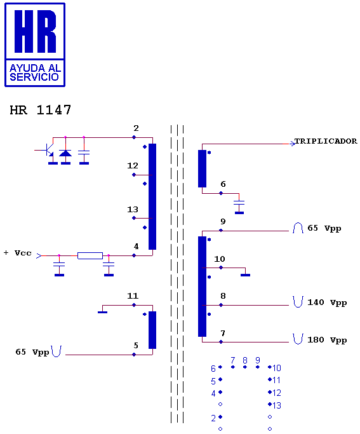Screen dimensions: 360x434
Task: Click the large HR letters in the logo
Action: pyautogui.click(x=35, y=31)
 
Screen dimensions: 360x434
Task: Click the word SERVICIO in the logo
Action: pyautogui.click(x=34, y=77)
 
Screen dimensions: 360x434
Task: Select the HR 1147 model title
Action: pyautogui.click(x=41, y=110)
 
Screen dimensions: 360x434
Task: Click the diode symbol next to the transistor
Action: pyautogui.click(x=65, y=153)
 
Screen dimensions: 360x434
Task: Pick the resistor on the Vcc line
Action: pyautogui.click(x=90, y=255)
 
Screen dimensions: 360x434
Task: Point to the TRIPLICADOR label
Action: pyautogui.click(x=326, y=141)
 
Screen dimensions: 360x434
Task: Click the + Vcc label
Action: pyautogui.click(x=18, y=253)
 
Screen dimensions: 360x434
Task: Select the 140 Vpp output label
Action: pyautogui.click(x=327, y=302)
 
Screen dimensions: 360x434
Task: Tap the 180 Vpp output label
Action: pyautogui.click(x=327, y=339)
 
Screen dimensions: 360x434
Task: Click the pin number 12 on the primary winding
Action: pyautogui.click(x=133, y=165)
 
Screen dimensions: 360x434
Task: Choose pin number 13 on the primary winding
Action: pyautogui.click(x=133, y=209)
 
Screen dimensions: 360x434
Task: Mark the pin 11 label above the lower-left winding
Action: pyautogui.click(x=133, y=296)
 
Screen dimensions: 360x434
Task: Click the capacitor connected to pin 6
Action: pyautogui.click(x=239, y=203)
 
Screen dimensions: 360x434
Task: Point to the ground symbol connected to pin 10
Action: pyautogui.click(x=246, y=275)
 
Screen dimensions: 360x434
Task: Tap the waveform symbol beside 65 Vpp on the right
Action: pyautogui.click(x=298, y=227)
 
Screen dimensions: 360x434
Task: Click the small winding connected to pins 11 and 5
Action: pyautogui.click(x=152, y=330)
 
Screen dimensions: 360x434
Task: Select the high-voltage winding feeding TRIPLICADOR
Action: pyautogui.click(x=202, y=168)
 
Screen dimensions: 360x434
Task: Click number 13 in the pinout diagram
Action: pyautogui.click(x=277, y=405)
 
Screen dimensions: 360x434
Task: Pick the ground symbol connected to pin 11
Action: pyautogui.click(x=103, y=312)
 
